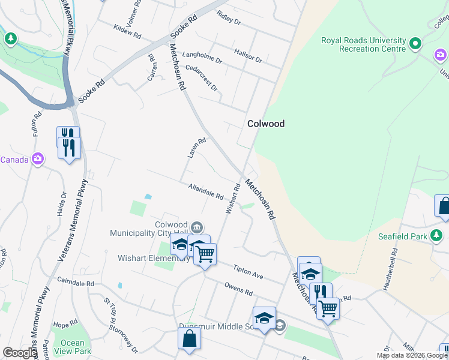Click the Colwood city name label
click(x=266, y=124)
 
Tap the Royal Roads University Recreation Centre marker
click(x=415, y=43)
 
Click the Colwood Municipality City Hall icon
click(x=197, y=227)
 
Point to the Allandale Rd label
click(x=205, y=192)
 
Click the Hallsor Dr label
click(x=249, y=56)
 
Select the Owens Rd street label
click(x=238, y=289)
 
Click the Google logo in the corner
click(x=19, y=353)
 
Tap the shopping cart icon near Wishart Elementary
click(x=205, y=254)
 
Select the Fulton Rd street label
click(x=35, y=122)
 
